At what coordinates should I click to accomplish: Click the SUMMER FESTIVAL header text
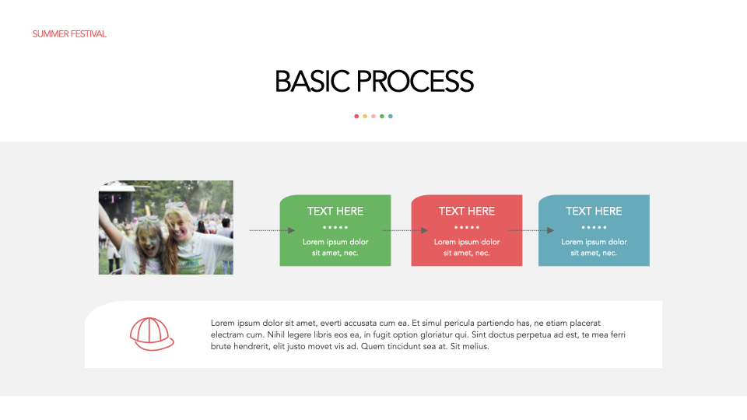[69, 34]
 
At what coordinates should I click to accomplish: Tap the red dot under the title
[356, 116]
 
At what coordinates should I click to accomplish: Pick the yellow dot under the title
[365, 116]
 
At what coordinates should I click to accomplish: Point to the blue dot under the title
[391, 116]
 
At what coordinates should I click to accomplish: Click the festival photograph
[166, 227]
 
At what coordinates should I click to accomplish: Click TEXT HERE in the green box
[335, 211]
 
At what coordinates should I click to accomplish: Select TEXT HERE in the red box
[467, 211]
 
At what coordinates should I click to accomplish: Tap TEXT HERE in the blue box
[594, 211]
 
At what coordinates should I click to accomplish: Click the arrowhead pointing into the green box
[291, 230]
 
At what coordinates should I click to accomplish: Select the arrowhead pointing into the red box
[424, 230]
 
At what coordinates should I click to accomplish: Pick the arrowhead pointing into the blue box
[550, 230]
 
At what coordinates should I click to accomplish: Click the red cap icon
[151, 334]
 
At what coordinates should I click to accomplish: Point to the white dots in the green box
[335, 227]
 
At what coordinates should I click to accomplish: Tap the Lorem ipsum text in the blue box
[594, 247]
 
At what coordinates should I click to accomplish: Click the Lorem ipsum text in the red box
[467, 247]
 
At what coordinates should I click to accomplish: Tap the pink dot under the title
[373, 116]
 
